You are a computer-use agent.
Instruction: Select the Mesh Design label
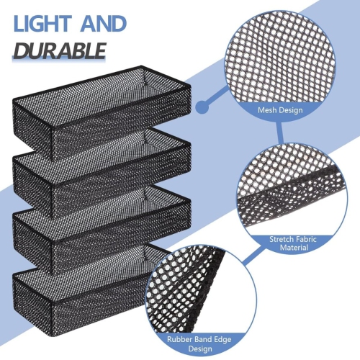(281, 111)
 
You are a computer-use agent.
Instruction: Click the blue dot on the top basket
(203, 107)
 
